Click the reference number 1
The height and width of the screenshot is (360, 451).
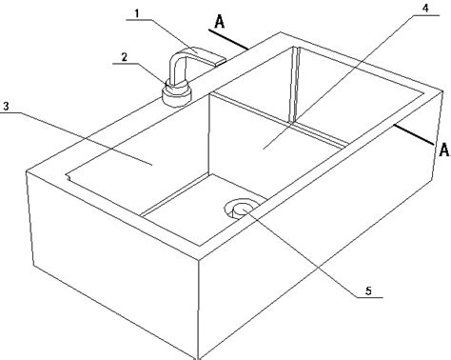click(x=137, y=14)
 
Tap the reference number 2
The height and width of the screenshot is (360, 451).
click(x=124, y=57)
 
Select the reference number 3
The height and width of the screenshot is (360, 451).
click(x=6, y=107)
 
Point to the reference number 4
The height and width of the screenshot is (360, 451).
click(x=425, y=9)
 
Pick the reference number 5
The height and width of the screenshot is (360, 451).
click(x=368, y=290)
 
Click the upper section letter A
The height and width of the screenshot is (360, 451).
click(x=219, y=21)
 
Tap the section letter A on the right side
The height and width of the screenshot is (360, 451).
click(x=444, y=150)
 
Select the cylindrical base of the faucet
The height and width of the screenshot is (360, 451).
click(x=177, y=94)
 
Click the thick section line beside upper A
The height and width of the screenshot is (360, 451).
click(x=228, y=40)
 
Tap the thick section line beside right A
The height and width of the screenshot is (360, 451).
click(x=414, y=134)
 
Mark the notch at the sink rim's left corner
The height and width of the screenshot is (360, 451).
click(x=68, y=176)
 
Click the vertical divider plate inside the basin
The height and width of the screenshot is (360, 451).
click(x=293, y=85)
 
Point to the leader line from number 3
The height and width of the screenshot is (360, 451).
click(x=75, y=138)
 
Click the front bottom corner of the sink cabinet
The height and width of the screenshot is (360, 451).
click(x=198, y=357)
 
